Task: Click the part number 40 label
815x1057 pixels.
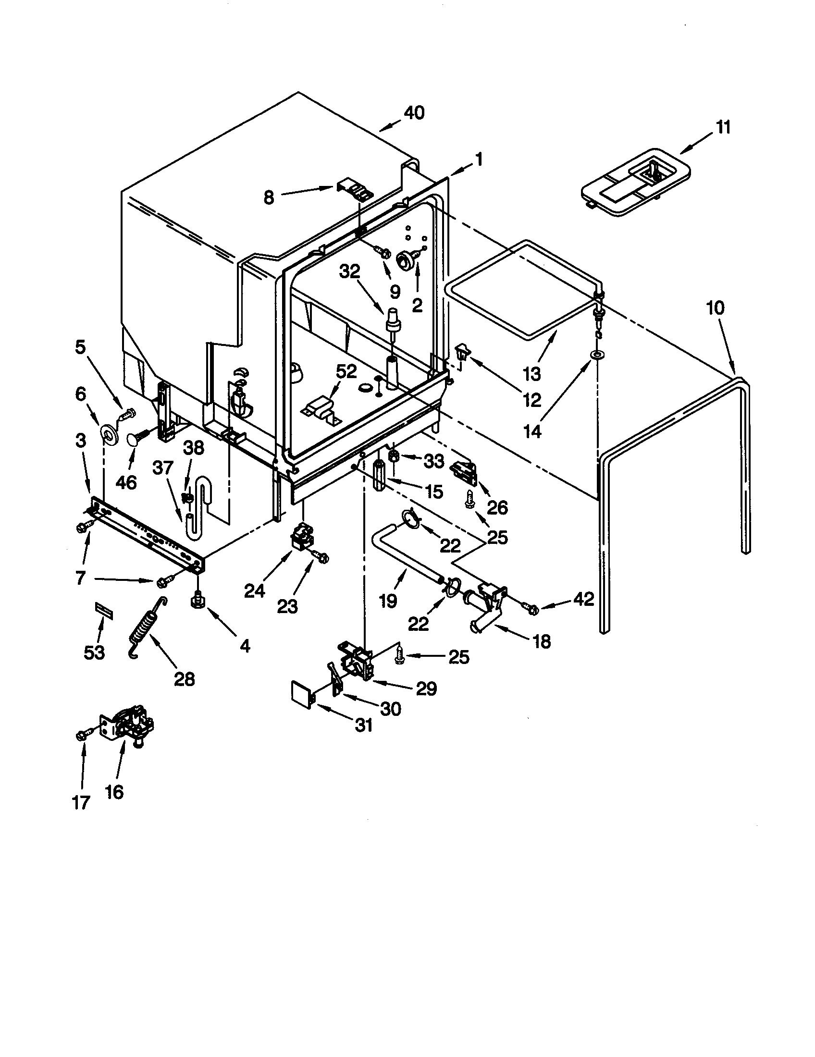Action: click(x=414, y=113)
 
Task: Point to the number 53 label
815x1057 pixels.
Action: click(x=94, y=652)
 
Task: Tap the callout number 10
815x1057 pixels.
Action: click(x=716, y=307)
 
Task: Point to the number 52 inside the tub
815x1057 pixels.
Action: click(x=346, y=371)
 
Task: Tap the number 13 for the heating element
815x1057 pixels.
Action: click(x=532, y=373)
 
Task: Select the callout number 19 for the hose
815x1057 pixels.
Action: click(x=388, y=601)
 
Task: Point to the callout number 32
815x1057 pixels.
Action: click(x=350, y=272)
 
